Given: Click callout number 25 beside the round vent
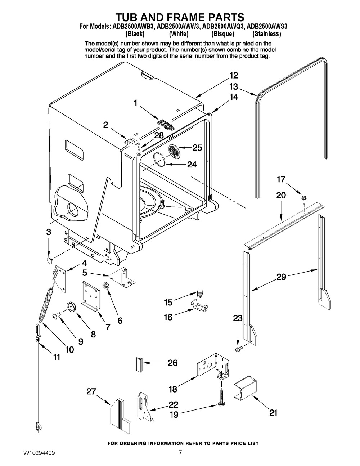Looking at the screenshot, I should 197,148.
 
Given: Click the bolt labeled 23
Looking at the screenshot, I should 239,349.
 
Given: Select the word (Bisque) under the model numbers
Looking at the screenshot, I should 223,34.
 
